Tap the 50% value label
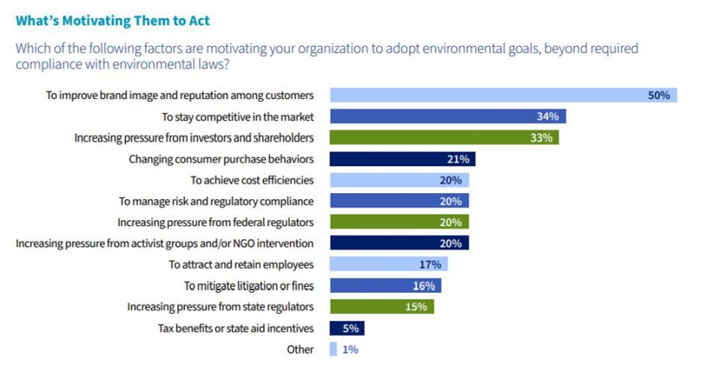(659, 95)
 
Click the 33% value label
(541, 138)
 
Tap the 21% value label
(458, 159)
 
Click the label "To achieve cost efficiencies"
(252, 180)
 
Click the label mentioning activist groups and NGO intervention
(165, 243)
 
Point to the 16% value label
(424, 285)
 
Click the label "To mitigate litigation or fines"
(249, 285)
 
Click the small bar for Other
(333, 349)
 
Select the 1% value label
(351, 349)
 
